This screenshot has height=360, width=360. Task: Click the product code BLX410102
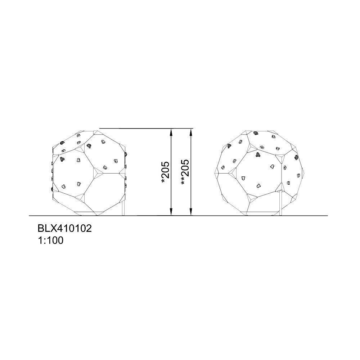click(64, 229)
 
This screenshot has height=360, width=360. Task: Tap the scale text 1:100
click(50, 240)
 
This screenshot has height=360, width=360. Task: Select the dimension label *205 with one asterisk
click(166, 172)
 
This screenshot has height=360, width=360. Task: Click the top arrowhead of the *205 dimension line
click(171, 132)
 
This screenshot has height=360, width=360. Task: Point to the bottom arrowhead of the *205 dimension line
click(171, 212)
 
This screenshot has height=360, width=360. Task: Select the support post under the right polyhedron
click(280, 203)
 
